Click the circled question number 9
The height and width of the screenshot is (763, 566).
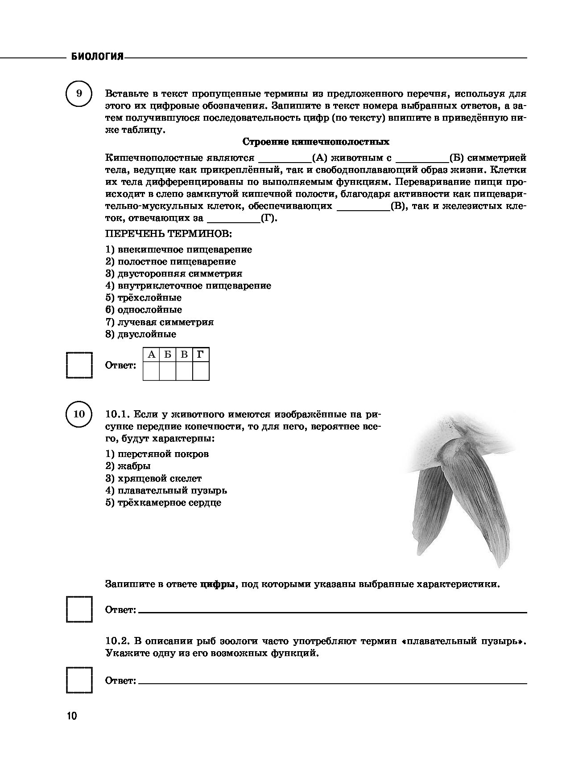click(79, 94)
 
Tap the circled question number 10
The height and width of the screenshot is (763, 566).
click(79, 414)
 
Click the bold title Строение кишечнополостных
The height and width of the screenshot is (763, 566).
click(315, 142)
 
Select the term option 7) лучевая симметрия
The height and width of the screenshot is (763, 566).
click(159, 322)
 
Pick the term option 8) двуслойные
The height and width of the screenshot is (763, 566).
click(140, 334)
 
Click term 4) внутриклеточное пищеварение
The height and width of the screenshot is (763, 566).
click(188, 286)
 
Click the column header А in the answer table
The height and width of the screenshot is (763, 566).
click(151, 355)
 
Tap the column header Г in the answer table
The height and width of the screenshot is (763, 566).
click(201, 355)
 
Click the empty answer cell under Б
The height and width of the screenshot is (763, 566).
click(168, 371)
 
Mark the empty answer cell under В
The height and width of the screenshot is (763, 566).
click(184, 371)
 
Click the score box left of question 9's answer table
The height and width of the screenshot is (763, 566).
click(79, 365)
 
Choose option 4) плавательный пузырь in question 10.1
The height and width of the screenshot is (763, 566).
click(166, 490)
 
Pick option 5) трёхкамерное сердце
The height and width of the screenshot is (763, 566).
click(163, 503)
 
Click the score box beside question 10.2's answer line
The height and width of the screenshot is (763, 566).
click(79, 680)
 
